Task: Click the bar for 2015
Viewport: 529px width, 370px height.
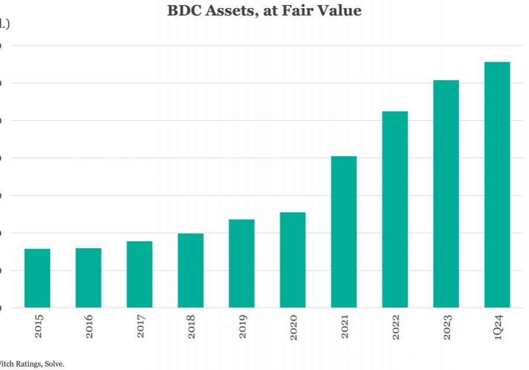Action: pos(38,278)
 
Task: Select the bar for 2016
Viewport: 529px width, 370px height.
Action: pos(88,278)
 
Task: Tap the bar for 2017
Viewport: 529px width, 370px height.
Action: pos(140,274)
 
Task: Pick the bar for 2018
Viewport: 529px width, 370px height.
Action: pos(191,270)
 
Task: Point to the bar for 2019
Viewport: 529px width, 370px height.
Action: pos(242,263)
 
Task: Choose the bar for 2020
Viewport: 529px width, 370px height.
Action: pos(293,260)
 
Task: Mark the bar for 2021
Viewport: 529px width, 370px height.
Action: pos(344,231)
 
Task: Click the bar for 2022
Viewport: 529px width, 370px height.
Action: pos(395,209)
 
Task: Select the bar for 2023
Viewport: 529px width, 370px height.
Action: pos(446,193)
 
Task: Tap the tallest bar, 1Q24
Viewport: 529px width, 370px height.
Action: pos(497,184)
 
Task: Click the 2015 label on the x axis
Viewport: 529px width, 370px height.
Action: pos(38,327)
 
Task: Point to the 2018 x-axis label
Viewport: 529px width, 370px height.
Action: pos(191,327)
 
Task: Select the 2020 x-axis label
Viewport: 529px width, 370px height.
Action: pos(293,327)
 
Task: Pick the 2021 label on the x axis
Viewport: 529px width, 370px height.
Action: pos(345,327)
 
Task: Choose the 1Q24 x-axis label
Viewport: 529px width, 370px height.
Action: pos(498,327)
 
